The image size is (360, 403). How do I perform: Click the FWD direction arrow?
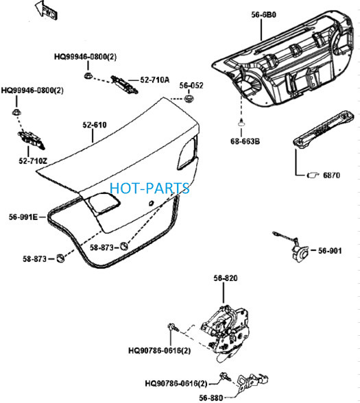(x=46, y=10)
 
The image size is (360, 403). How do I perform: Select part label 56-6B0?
(x=263, y=15)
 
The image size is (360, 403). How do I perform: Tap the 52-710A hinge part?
(x=125, y=84)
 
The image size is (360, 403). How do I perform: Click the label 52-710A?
(x=155, y=80)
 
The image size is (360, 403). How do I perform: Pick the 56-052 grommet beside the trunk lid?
(x=189, y=98)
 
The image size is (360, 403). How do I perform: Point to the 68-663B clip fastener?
(x=241, y=123)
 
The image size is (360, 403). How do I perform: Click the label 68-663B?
(x=245, y=141)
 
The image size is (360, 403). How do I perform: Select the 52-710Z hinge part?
(x=31, y=140)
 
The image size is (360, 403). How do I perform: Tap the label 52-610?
(x=95, y=125)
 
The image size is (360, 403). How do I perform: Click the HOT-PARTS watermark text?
(x=149, y=188)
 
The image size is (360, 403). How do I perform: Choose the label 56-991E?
(x=23, y=217)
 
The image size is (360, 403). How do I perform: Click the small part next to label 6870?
(x=313, y=175)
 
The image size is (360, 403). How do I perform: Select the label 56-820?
(x=226, y=278)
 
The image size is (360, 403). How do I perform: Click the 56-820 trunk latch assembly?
(x=226, y=333)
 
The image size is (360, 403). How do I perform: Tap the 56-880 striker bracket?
(x=252, y=382)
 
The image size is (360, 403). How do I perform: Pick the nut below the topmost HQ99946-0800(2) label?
(x=88, y=76)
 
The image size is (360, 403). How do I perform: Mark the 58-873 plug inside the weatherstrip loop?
(x=124, y=246)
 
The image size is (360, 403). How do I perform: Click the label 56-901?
(x=330, y=251)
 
